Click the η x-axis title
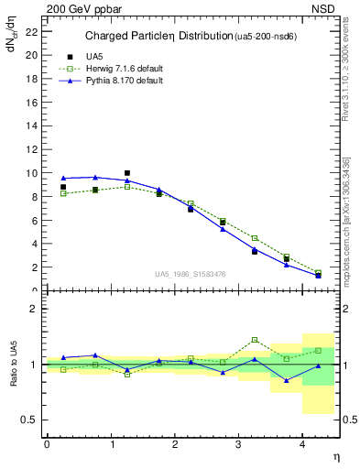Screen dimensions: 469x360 (x=334, y=456)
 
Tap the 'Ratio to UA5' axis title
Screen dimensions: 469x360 (x=16, y=377)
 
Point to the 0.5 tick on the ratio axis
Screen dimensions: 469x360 (x=30, y=420)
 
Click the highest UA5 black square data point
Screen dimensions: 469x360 (x=127, y=172)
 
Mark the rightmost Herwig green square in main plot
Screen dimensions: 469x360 (x=318, y=273)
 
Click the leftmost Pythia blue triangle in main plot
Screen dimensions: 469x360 (x=63, y=178)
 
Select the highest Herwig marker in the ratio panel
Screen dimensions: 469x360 (x=255, y=340)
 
